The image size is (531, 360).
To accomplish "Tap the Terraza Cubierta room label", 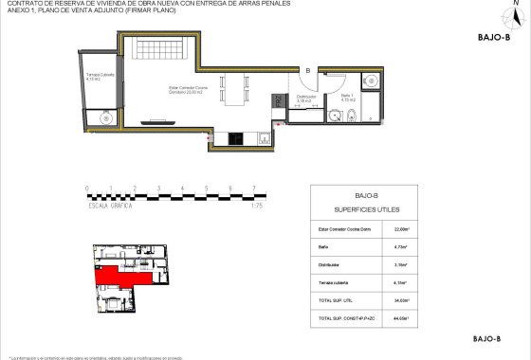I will point(100,77).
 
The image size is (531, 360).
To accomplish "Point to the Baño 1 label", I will point(347,97).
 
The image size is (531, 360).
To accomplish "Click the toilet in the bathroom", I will point(351,117).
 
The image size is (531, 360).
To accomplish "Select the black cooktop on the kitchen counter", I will point(234,139).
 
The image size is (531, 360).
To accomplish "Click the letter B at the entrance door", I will point(307,69).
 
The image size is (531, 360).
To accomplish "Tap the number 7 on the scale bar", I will point(253,189).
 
